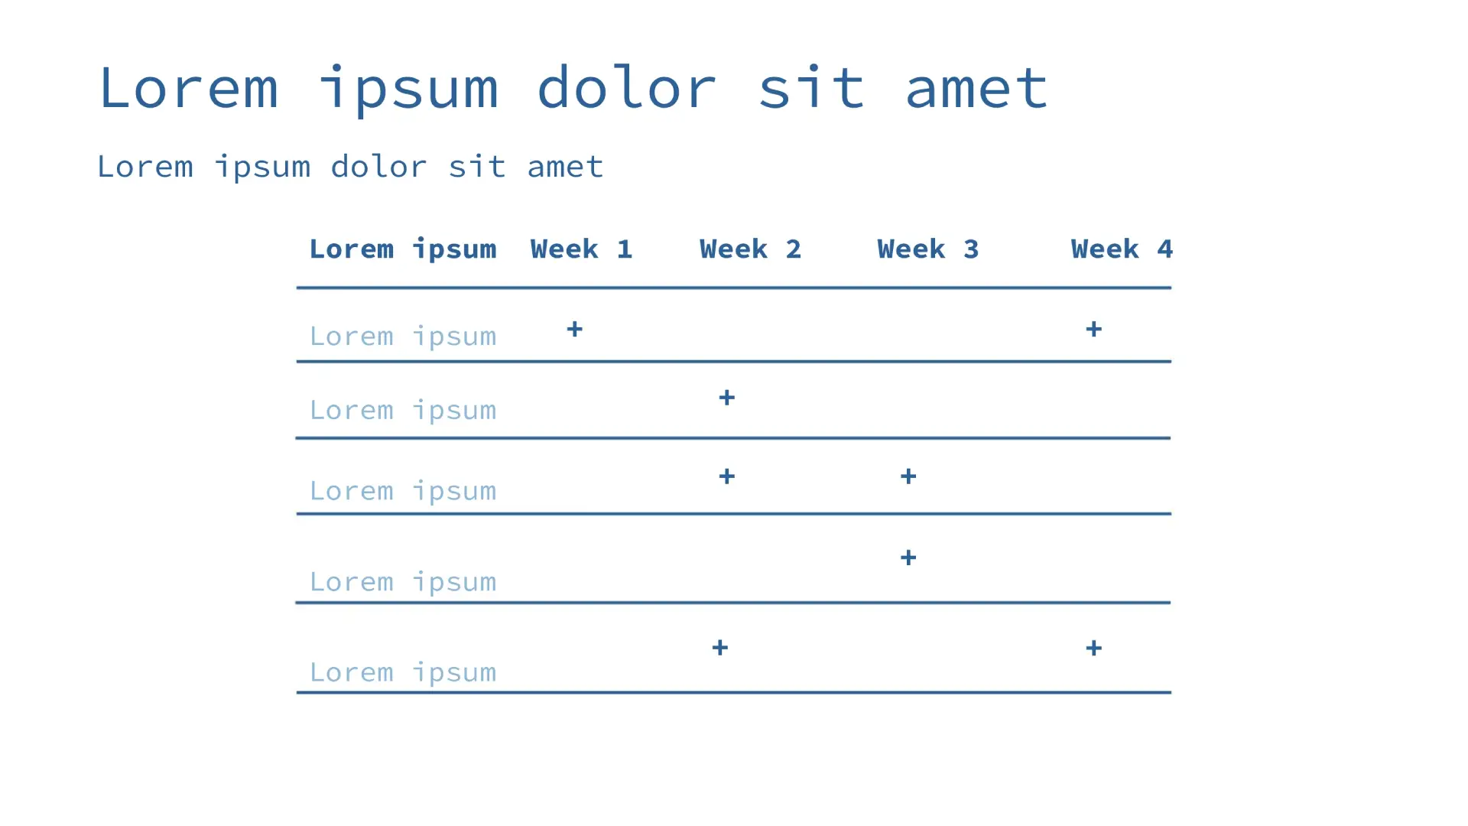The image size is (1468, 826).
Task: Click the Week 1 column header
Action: (x=581, y=249)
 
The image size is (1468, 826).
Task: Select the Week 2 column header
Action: (x=750, y=249)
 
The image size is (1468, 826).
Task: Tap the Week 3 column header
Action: (x=927, y=249)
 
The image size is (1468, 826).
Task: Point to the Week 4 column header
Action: (x=1122, y=249)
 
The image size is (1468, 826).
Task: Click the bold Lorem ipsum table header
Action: (x=403, y=250)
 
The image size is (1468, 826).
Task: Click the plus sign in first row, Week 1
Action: (x=574, y=330)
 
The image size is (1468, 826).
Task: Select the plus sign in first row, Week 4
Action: (x=1094, y=330)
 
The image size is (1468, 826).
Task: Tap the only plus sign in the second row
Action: (x=727, y=398)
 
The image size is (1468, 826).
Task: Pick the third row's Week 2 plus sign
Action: (x=727, y=476)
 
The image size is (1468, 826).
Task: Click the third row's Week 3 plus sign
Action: (x=908, y=476)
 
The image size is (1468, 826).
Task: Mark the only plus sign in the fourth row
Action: (x=908, y=558)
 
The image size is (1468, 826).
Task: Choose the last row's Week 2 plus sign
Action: (x=720, y=648)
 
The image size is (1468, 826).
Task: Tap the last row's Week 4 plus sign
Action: (x=1094, y=649)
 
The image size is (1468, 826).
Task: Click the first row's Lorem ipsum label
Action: (x=403, y=337)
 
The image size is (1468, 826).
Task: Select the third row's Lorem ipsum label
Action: (x=403, y=491)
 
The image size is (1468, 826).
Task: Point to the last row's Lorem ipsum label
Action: (x=403, y=673)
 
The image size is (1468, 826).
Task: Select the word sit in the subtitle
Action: (x=477, y=167)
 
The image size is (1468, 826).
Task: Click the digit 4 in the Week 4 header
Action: (x=1164, y=249)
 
